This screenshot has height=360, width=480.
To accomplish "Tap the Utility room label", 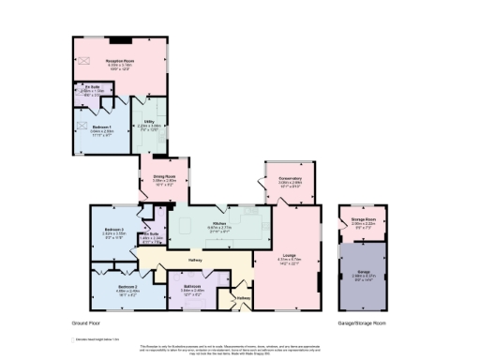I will (x=148, y=120).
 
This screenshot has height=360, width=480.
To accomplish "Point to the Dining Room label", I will (x=164, y=177).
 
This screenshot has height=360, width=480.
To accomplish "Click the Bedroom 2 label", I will (x=128, y=286).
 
